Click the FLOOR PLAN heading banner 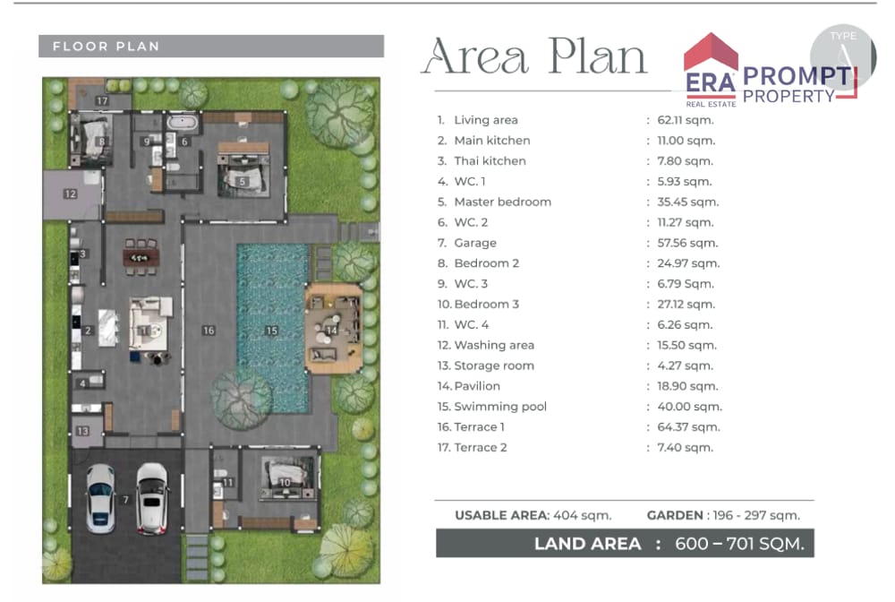(x=211, y=47)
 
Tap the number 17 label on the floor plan (x=102, y=100)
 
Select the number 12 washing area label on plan (x=70, y=193)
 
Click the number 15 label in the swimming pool (x=272, y=331)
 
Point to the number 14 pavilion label (x=332, y=331)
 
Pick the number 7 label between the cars (x=125, y=500)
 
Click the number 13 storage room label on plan (x=82, y=431)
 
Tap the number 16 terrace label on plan (x=209, y=331)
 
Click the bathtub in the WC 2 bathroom (x=183, y=122)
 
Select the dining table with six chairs (x=141, y=258)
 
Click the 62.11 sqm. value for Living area (x=686, y=120)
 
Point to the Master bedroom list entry (x=494, y=202)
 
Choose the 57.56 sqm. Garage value (x=687, y=243)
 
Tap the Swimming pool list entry (x=492, y=406)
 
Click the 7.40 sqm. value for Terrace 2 (x=686, y=447)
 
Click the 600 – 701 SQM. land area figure (x=740, y=543)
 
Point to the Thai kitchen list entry (x=482, y=160)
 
